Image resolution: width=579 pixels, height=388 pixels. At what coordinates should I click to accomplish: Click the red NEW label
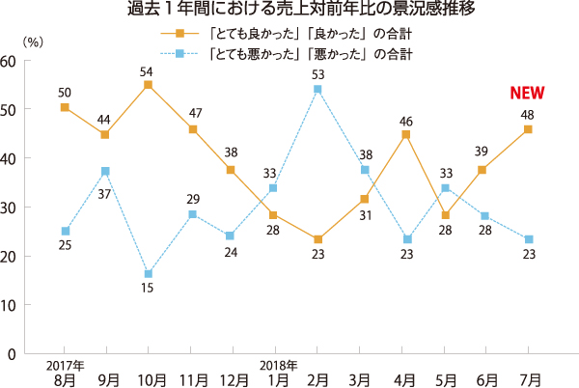[528, 94]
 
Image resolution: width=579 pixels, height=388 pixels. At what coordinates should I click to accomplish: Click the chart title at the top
[289, 12]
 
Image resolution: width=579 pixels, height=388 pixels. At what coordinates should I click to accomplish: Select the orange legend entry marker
[177, 34]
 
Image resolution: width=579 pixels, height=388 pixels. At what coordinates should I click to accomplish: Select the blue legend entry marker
[177, 54]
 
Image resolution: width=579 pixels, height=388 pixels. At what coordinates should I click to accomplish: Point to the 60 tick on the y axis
[9, 60]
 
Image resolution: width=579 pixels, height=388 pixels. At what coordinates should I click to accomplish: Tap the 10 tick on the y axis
[9, 305]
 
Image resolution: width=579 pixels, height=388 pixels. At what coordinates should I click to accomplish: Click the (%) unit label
[33, 42]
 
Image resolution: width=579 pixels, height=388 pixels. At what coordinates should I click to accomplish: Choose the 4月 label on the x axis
[406, 377]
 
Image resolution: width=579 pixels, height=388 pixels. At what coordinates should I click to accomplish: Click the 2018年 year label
[277, 364]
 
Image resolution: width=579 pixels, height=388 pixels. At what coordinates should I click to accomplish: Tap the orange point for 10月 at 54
[148, 85]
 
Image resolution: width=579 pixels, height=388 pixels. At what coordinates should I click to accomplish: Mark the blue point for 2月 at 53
[317, 90]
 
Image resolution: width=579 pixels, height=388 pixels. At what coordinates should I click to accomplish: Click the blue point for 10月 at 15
[148, 274]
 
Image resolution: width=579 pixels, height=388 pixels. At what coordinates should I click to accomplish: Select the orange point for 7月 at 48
[528, 129]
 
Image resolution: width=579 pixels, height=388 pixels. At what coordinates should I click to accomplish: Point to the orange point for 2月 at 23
[317, 239]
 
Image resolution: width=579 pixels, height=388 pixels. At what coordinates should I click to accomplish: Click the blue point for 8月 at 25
[64, 232]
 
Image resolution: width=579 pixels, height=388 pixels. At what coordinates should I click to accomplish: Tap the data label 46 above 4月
[406, 122]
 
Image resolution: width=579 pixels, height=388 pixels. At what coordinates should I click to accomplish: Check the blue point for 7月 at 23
[528, 239]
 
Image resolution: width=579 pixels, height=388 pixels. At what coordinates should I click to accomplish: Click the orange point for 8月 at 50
[64, 107]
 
